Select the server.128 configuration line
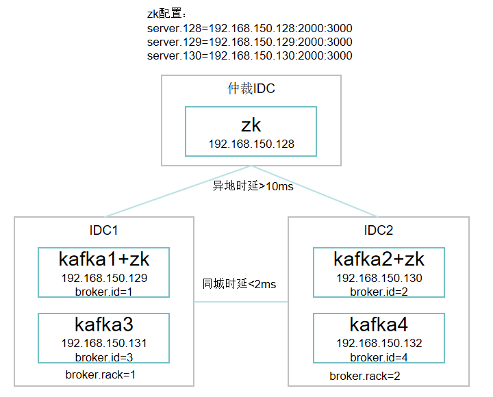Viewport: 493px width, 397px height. click(249, 29)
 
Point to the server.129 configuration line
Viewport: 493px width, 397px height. click(249, 42)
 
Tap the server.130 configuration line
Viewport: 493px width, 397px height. click(249, 56)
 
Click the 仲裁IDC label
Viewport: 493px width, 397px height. click(251, 89)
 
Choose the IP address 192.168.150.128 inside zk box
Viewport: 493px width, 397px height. click(251, 144)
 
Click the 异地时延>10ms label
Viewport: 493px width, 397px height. click(253, 186)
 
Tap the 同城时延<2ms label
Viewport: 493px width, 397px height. click(239, 283)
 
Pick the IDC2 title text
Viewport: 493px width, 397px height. click(378, 231)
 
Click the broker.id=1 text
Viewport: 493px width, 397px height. click(104, 291)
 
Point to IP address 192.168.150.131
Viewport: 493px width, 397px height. click(104, 344)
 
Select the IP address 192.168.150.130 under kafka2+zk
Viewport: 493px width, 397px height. click(379, 278)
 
